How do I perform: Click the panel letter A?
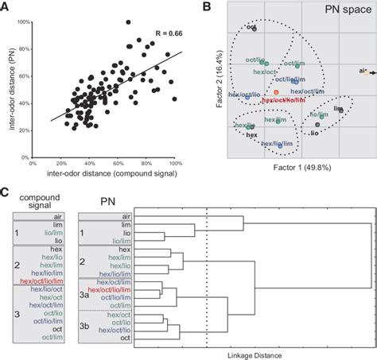click(x=6, y=6)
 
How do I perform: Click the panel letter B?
click(x=205, y=6)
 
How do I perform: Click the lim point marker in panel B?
click(x=341, y=110)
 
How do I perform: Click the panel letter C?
click(x=6, y=190)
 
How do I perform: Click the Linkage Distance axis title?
click(x=250, y=354)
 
